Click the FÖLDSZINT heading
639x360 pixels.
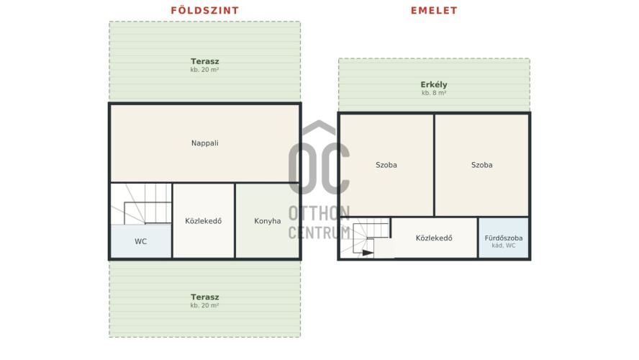pyautogui.click(x=204, y=10)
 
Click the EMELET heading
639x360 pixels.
pyautogui.click(x=434, y=11)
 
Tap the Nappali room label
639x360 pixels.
pyautogui.click(x=205, y=143)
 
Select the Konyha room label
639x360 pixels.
pyautogui.click(x=268, y=221)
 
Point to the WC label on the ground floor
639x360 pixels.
pyautogui.click(x=140, y=241)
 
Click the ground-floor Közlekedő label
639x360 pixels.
pyautogui.click(x=204, y=221)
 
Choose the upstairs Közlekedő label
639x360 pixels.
pyautogui.click(x=434, y=238)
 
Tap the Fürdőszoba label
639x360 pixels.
pyautogui.click(x=504, y=238)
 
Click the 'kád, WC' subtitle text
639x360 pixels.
pyautogui.click(x=504, y=246)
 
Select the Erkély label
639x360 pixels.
pyautogui.click(x=434, y=85)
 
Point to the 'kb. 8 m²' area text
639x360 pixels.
pyautogui.click(x=434, y=93)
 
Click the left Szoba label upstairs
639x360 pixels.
pyautogui.click(x=386, y=165)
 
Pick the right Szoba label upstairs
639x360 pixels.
pyautogui.click(x=481, y=165)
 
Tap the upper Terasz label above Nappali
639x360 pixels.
pyautogui.click(x=204, y=62)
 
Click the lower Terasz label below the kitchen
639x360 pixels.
pyautogui.click(x=204, y=297)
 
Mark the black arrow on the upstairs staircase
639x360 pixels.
pyautogui.click(x=368, y=253)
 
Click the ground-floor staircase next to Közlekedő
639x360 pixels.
pyautogui.click(x=141, y=204)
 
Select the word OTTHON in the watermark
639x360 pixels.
pyautogui.click(x=319, y=213)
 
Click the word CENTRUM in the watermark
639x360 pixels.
pyautogui.click(x=319, y=233)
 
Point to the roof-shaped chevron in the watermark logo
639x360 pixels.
pyautogui.click(x=319, y=127)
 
